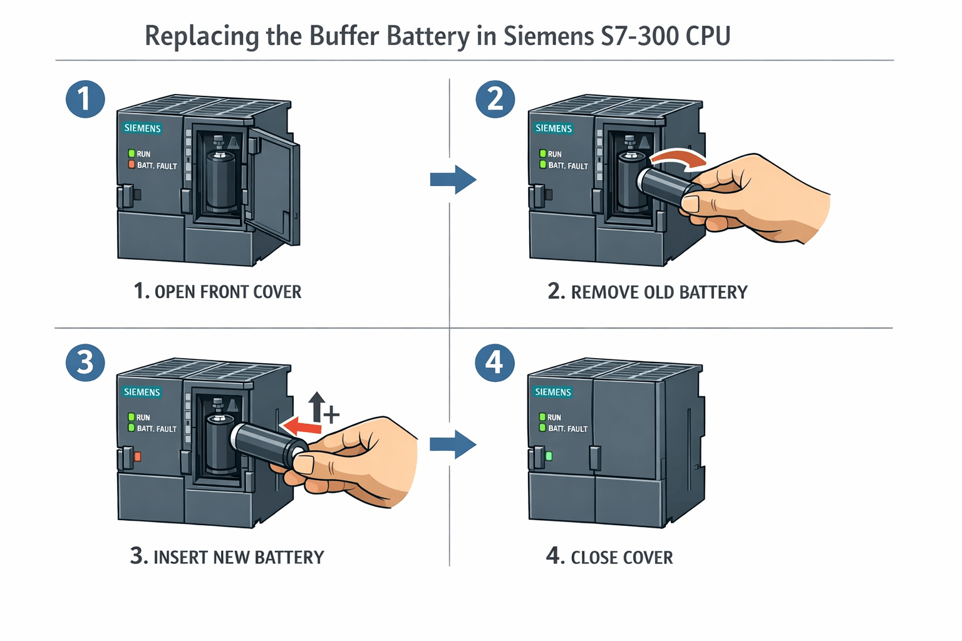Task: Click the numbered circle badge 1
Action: [85, 99]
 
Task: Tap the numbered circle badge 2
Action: [495, 99]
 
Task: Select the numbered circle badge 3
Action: [85, 362]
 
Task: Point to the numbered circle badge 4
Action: [495, 362]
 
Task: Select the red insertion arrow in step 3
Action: [302, 427]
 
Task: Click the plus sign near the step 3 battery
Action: [331, 414]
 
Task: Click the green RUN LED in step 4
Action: [542, 417]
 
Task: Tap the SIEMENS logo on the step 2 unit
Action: [554, 128]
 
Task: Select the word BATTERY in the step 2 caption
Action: [713, 292]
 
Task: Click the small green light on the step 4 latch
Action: [549, 456]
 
